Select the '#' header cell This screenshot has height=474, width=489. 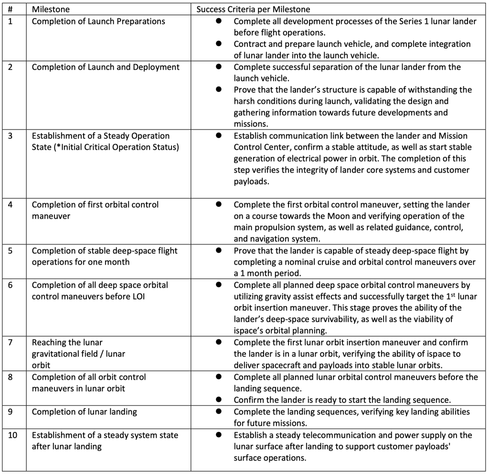pos(11,9)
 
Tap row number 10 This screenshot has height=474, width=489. pos(13,435)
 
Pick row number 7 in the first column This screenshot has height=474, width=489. pos(11,342)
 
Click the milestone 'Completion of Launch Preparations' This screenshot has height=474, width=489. pos(98,22)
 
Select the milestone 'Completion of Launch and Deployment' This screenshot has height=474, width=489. pos(106,67)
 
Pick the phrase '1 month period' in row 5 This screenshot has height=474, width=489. pos(267,274)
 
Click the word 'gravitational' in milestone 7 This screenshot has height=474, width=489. pos(56,354)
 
